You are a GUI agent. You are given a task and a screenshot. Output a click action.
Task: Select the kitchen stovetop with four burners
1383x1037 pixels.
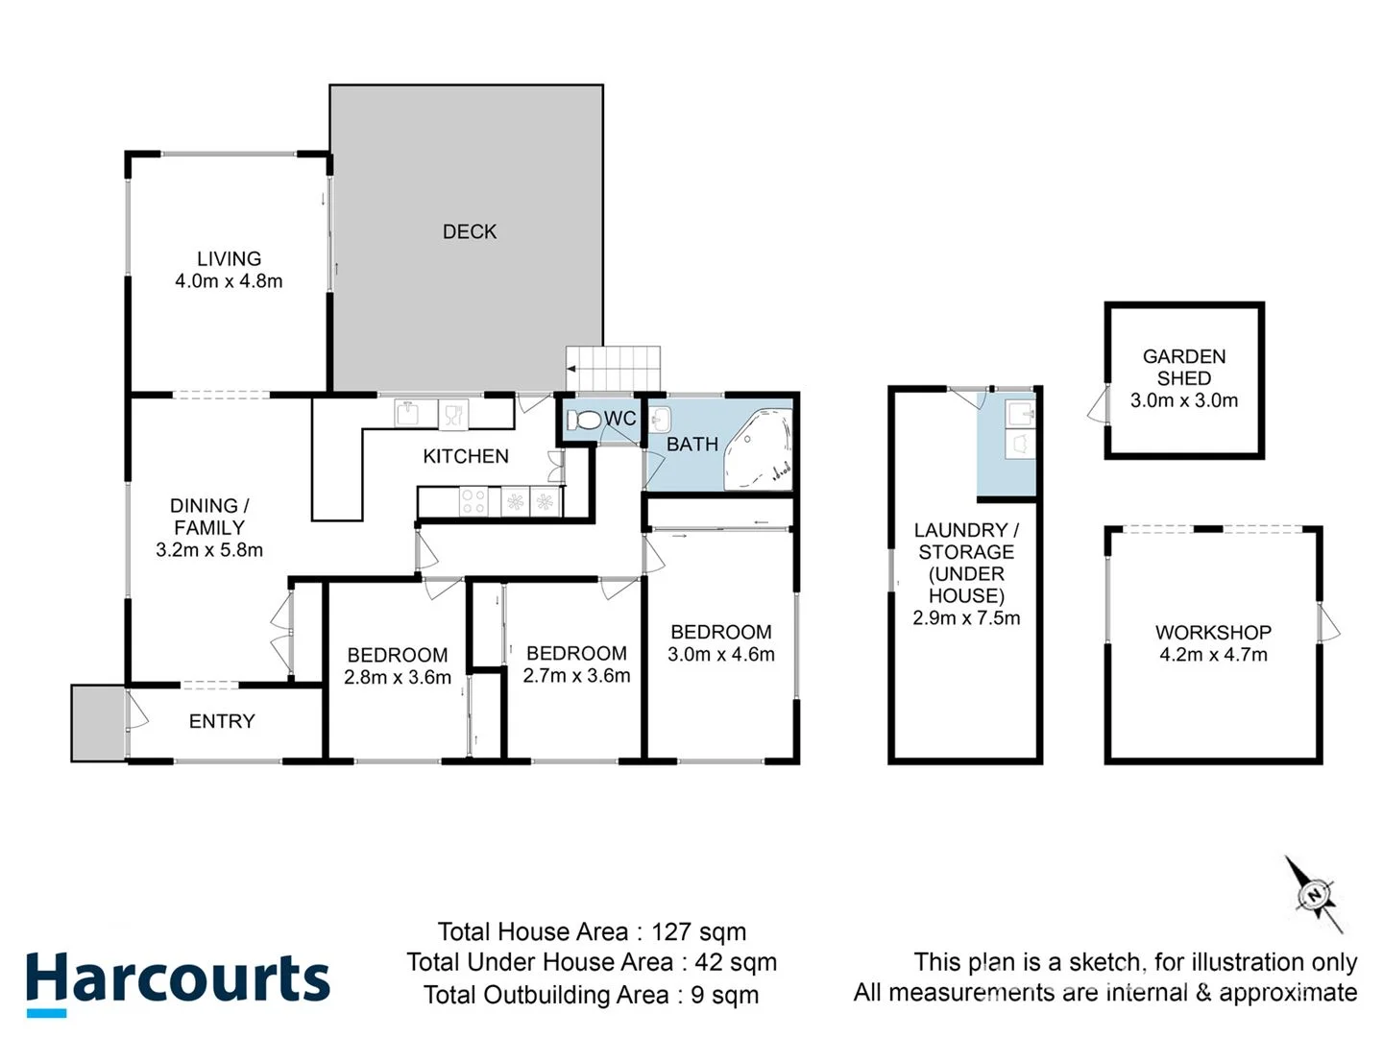tap(474, 501)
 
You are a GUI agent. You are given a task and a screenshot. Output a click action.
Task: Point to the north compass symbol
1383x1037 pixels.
tap(1314, 895)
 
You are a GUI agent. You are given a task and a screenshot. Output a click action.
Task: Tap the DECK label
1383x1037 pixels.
tap(469, 231)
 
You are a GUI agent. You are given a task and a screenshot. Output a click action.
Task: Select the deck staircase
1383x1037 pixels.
tap(614, 368)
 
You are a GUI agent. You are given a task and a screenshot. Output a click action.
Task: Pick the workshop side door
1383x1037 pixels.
tap(1330, 623)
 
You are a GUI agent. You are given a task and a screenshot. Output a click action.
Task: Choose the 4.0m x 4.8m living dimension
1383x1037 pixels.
tap(229, 281)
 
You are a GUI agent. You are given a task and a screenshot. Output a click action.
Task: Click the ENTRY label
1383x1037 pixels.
tap(222, 721)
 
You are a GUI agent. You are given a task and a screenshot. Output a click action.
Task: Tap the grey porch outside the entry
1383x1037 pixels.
tap(97, 723)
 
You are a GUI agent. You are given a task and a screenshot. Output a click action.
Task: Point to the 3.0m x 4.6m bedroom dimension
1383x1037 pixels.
tap(721, 655)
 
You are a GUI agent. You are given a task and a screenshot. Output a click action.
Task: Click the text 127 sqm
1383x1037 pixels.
tap(698, 931)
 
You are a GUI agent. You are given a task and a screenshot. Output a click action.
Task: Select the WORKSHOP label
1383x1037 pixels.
tap(1213, 632)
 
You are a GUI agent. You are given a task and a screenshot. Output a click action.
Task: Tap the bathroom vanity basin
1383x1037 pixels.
tap(660, 420)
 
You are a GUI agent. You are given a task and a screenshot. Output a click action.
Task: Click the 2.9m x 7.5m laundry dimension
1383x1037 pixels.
tap(966, 618)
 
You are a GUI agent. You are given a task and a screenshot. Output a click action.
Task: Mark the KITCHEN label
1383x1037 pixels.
tap(466, 456)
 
